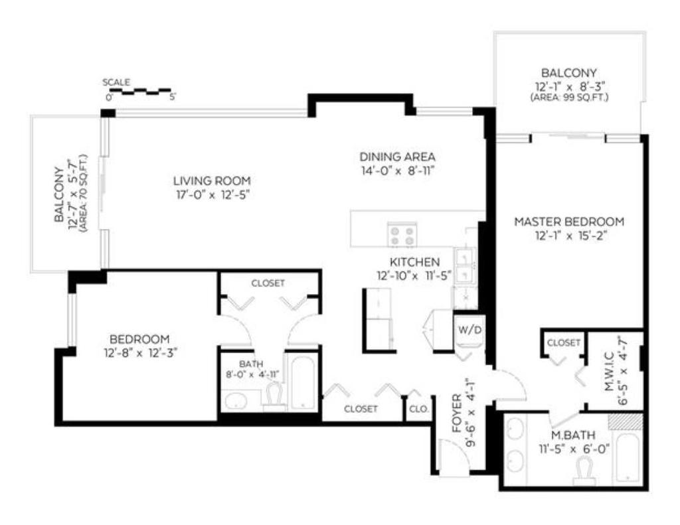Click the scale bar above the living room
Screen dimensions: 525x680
tap(139, 90)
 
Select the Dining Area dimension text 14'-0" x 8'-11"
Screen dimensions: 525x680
tap(397, 170)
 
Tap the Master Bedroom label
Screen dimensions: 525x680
tap(569, 222)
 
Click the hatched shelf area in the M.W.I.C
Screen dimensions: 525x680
tap(628, 421)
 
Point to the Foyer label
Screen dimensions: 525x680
tap(457, 413)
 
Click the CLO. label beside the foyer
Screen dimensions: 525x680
tap(418, 409)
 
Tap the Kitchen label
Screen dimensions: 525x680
tap(414, 262)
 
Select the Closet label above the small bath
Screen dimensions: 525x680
tap(268, 283)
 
